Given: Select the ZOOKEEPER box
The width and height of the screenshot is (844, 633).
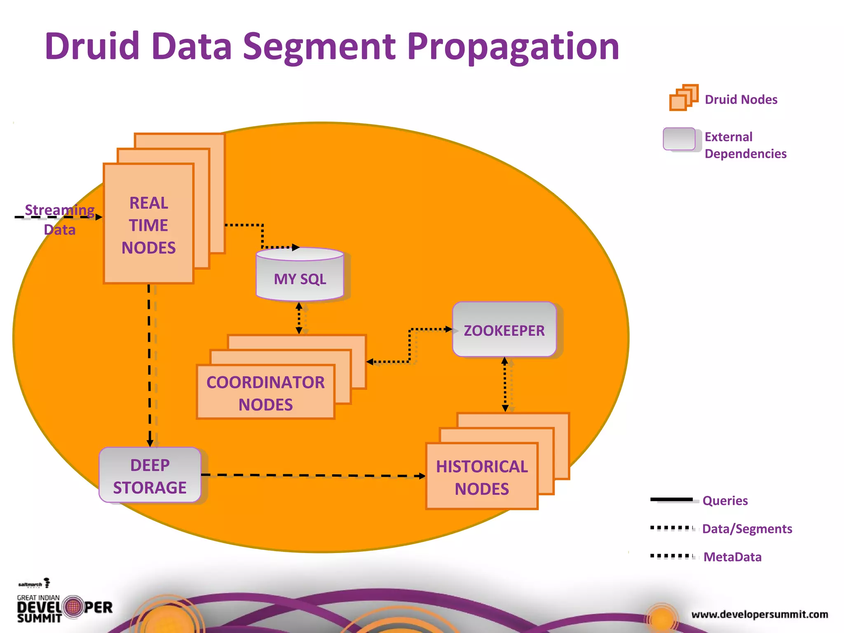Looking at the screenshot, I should coord(504,330).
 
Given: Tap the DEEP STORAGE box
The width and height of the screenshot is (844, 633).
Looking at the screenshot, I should coord(150,476).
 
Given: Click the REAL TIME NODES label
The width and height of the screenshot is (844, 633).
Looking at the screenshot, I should coord(148,225).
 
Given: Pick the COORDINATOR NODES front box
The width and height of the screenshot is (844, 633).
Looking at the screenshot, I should coord(265,393).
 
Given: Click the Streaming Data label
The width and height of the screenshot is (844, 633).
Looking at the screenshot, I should coord(59,219).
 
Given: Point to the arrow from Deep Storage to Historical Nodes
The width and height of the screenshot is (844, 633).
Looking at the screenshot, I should coord(313,475).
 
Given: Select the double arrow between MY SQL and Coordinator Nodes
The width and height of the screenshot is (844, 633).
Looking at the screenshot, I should coord(300,318).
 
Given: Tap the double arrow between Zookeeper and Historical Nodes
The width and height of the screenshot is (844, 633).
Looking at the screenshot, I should coord(505,384).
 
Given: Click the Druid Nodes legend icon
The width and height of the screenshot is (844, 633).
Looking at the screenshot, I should coord(683,98).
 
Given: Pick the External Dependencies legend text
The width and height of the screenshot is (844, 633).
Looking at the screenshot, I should coord(745,145).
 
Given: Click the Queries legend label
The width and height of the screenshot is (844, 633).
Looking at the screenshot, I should coord(725,501).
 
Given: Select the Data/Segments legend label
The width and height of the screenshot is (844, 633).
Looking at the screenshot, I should coord(747,529).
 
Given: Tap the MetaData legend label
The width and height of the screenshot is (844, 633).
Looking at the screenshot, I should coord(732,557).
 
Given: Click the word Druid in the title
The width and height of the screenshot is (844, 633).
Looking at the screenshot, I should coord(92,46).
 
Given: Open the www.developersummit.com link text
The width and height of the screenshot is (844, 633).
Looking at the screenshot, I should coord(760,614).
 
